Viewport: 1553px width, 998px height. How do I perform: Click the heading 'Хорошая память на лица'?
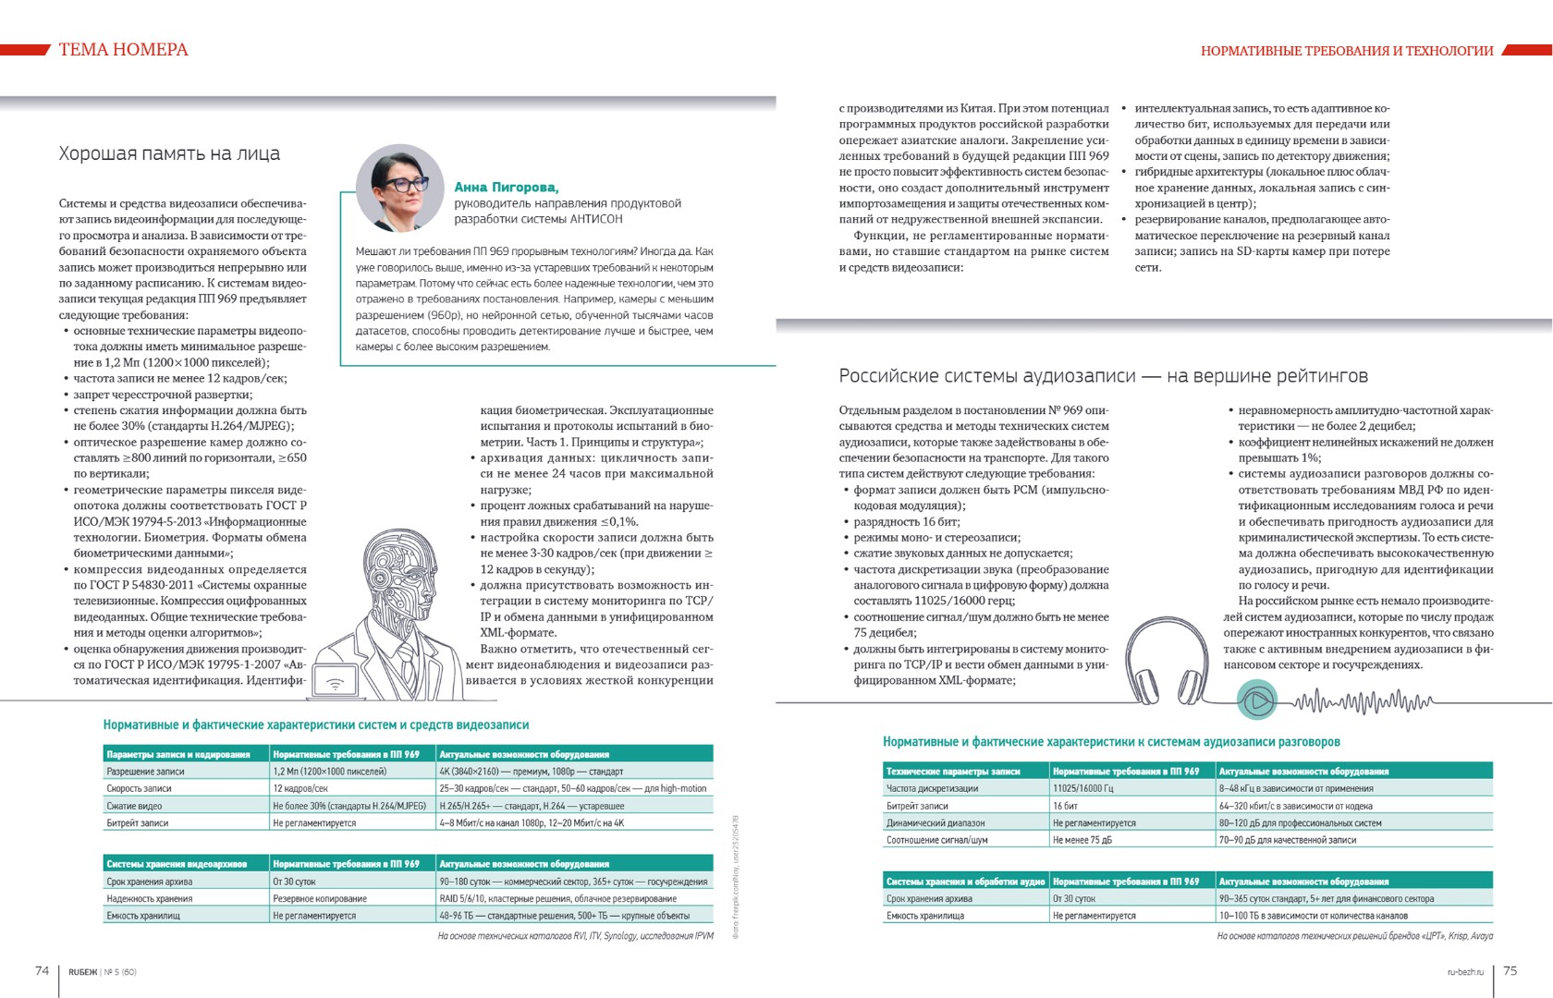pos(169,154)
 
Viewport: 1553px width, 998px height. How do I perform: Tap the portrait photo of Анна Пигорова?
pos(400,188)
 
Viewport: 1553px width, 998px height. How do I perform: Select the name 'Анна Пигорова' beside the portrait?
pos(506,187)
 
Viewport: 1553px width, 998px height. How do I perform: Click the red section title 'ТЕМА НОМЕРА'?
pos(123,50)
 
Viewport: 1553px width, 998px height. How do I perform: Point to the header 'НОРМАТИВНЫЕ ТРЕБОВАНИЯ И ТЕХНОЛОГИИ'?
pos(1347,51)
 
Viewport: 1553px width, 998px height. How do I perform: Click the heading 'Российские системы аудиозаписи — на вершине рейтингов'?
pos(1103,376)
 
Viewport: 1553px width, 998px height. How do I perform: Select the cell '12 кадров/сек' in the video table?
pos(300,788)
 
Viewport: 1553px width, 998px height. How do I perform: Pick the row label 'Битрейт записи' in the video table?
pos(137,822)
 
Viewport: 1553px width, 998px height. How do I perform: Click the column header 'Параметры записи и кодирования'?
pos(178,754)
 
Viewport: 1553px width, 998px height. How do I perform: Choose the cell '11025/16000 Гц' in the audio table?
pos(1083,788)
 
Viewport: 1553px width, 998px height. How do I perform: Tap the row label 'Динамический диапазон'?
pos(935,822)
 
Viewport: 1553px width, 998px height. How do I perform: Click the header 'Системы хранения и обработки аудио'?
pos(965,882)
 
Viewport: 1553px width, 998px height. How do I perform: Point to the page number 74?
pos(42,970)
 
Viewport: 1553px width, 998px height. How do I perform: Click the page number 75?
pos(1510,970)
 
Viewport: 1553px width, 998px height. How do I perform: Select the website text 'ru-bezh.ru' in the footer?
pos(1465,971)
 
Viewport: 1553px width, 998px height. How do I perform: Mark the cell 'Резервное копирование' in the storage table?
pos(320,898)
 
